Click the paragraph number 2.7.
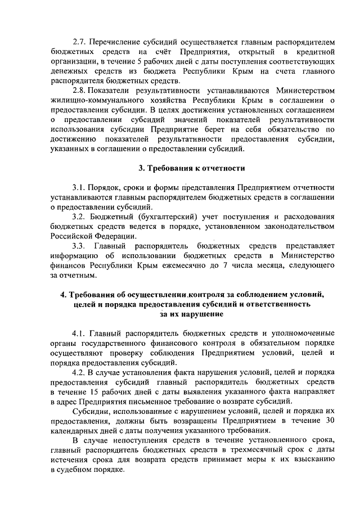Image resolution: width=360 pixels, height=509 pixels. click(80, 42)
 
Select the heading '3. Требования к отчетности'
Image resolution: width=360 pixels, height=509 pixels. click(191, 168)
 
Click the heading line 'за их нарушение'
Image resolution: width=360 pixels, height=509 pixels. click(191, 315)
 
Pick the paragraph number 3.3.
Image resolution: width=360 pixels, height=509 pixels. click(80, 246)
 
